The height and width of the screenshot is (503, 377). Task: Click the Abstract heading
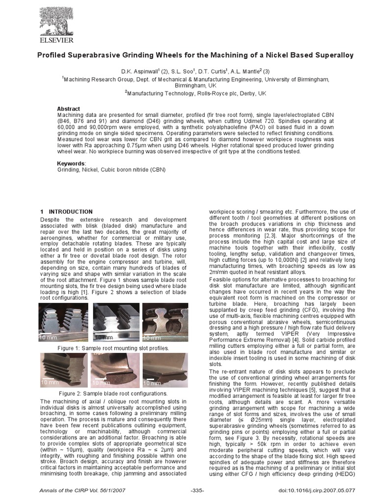tap(68, 109)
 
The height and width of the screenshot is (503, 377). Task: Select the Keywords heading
tap(71, 163)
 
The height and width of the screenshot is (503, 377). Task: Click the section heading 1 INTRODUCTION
tap(66, 211)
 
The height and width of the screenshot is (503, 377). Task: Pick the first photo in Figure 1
tap(64, 322)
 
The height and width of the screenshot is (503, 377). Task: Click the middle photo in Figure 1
tap(114, 322)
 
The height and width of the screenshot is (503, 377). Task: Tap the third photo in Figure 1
tap(165, 322)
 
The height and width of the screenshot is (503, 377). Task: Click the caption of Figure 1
tap(113, 348)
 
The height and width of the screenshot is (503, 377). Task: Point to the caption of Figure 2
tap(113, 393)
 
